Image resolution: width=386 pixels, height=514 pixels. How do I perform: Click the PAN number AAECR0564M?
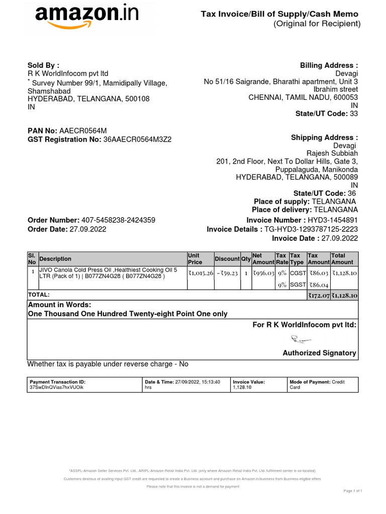[83, 131]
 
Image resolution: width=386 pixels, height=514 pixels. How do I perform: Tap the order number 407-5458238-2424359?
[118, 220]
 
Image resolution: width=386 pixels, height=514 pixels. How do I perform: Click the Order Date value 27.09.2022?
[88, 229]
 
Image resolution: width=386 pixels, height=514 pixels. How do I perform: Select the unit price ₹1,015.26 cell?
[201, 273]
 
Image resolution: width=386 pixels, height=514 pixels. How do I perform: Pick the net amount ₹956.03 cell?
[263, 273]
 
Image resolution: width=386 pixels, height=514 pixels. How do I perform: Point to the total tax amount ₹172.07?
[319, 296]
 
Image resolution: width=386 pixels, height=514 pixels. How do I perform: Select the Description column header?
[55, 259]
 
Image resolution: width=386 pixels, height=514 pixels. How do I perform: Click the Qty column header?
[246, 259]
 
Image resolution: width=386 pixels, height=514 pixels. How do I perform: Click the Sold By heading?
[43, 65]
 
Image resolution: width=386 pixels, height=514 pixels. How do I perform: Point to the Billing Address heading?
[329, 65]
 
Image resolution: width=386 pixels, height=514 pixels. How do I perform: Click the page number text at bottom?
[353, 490]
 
